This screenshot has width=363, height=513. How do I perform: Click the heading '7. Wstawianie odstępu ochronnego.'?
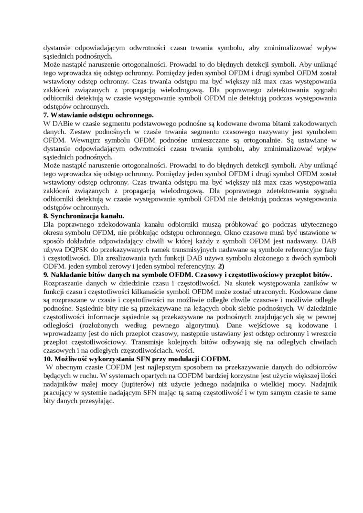click(98, 115)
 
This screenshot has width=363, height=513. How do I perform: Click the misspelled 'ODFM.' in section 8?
click(53, 266)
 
